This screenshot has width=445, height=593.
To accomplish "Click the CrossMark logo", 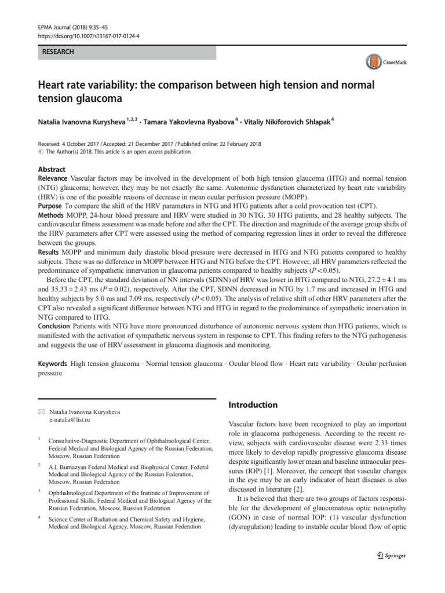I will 385,61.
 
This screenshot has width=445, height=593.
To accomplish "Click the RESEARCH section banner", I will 126,52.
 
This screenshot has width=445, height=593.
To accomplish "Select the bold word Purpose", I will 50,206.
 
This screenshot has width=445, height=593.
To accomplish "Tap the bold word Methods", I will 51,215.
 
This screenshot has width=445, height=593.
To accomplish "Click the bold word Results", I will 50,252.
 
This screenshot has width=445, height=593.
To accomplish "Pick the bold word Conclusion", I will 56,327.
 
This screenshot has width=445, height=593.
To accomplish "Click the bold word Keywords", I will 53,364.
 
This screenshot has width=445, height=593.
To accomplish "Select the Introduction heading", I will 254,405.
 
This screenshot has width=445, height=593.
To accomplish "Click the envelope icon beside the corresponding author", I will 41,412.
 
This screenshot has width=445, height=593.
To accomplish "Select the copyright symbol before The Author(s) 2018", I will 41,152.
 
